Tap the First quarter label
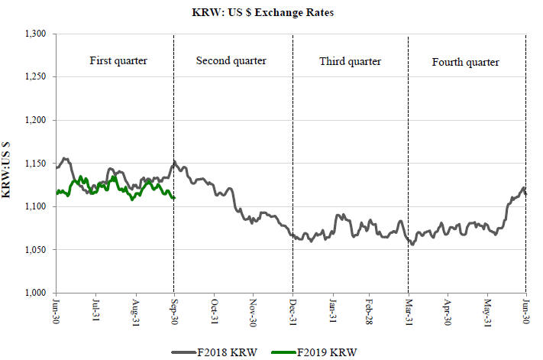click(118, 60)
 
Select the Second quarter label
click(231, 60)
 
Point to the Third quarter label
click(350, 61)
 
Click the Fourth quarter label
click(465, 61)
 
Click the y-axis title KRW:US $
click(8, 164)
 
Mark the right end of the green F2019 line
click(174, 199)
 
